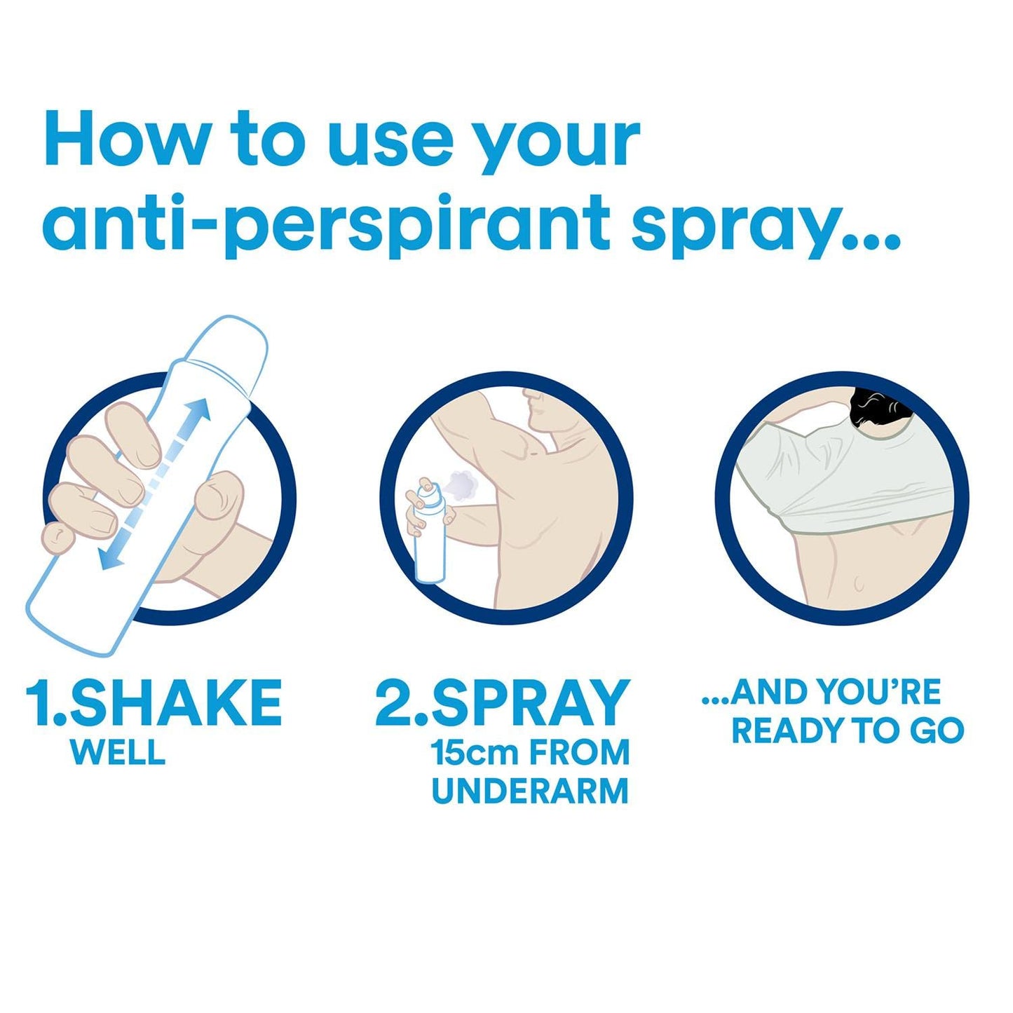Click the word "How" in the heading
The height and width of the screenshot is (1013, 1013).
point(126,141)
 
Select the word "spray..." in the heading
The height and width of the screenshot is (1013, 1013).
point(764,223)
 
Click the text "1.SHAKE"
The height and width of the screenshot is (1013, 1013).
point(154,702)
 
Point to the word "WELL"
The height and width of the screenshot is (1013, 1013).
point(118,752)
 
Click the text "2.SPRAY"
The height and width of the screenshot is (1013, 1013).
point(502,702)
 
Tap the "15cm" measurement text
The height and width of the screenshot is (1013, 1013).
point(474,753)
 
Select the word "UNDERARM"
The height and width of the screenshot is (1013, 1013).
point(530,791)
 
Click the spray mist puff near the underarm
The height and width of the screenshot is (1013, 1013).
point(462,484)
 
